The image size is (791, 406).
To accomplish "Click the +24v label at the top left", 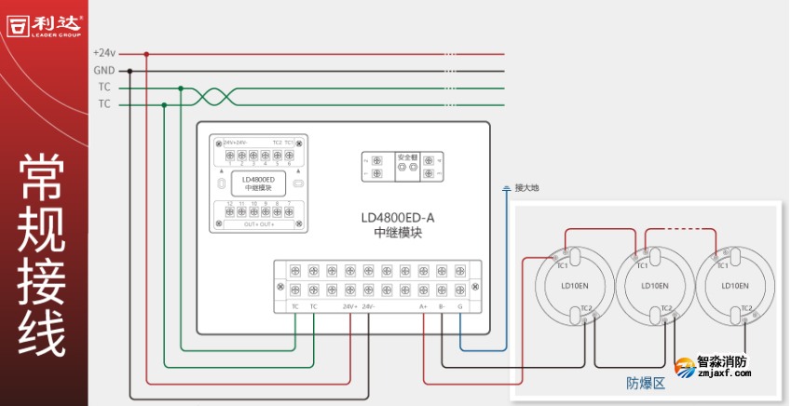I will click(x=104, y=53).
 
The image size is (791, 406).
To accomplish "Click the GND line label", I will click(x=104, y=71).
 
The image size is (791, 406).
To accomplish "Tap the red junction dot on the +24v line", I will click(x=146, y=54).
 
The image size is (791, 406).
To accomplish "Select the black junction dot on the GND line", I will click(x=130, y=71).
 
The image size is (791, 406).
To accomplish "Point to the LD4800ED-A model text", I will click(x=398, y=218).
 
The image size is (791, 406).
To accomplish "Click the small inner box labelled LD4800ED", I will click(x=257, y=183).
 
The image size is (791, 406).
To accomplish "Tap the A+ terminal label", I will click(x=423, y=306).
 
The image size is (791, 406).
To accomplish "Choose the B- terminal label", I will click(x=442, y=306).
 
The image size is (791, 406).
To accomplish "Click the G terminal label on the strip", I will click(x=459, y=306).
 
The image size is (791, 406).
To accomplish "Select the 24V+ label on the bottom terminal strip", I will click(x=349, y=306).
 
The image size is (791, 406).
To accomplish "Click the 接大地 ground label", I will click(x=527, y=188).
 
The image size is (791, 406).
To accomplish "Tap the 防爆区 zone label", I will click(x=646, y=383).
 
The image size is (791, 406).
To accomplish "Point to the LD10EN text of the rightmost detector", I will click(x=735, y=285).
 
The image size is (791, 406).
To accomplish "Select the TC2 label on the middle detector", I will click(x=666, y=308).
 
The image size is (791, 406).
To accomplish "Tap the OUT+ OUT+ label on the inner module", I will click(x=259, y=225).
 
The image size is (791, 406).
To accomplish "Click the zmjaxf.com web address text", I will click(x=724, y=374).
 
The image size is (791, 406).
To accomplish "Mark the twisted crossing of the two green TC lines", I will click(x=213, y=96).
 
